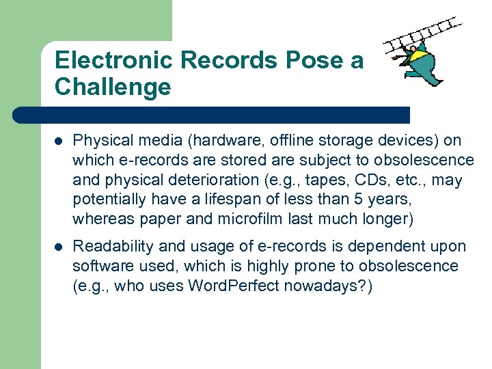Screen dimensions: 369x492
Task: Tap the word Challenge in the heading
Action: click(x=113, y=87)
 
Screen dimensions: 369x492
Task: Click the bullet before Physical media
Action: click(x=59, y=141)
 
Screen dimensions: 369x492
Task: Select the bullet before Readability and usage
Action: click(x=59, y=247)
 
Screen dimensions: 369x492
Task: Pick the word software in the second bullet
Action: click(x=100, y=266)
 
